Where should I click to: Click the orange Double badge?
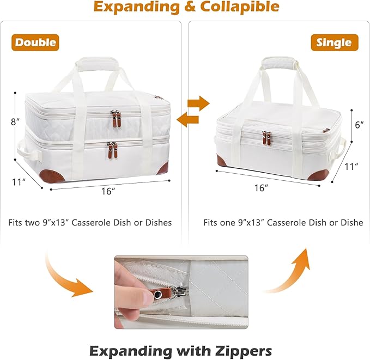[35, 42]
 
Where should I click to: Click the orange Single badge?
[335, 42]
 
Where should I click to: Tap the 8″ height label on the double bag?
[15, 122]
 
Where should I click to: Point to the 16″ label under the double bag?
[108, 191]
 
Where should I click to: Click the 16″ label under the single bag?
[261, 188]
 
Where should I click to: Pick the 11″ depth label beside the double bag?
[19, 182]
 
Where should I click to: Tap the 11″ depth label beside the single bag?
[351, 167]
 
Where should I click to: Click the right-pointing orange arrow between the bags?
[198, 103]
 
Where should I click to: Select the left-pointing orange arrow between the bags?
[187, 119]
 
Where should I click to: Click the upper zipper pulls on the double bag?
[116, 118]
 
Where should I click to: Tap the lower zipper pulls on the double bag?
[112, 150]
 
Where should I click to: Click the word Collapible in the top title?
[240, 7]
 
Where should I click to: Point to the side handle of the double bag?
[29, 151]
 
